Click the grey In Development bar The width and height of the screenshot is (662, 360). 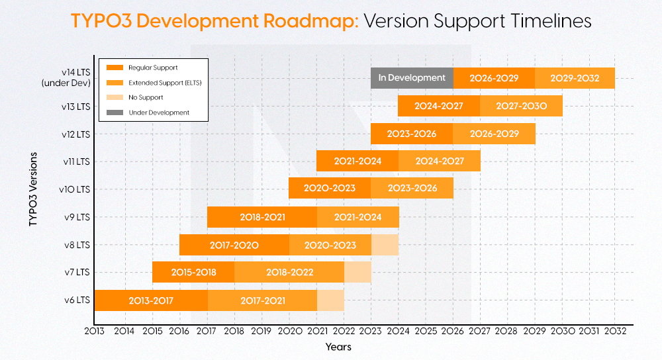[412, 78]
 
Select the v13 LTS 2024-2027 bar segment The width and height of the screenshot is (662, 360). [438, 106]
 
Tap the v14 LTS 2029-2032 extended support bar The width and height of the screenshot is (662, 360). [575, 78]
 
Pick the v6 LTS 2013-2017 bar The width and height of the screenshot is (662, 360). [151, 300]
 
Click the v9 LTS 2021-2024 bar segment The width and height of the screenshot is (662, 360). [357, 217]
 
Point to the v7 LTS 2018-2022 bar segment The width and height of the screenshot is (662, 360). [289, 272]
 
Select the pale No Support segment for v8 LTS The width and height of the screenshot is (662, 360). [385, 245]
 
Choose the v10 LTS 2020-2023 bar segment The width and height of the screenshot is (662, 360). [330, 189]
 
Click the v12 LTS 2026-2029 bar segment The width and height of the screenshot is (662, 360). [494, 134]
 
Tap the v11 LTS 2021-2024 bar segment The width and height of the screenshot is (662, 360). [357, 161]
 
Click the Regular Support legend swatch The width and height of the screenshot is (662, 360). [115, 67]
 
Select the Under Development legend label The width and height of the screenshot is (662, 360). [159, 112]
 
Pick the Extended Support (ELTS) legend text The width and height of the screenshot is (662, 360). [165, 83]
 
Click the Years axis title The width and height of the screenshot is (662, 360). [338, 347]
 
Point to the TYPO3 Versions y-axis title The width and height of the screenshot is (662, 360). [33, 189]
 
